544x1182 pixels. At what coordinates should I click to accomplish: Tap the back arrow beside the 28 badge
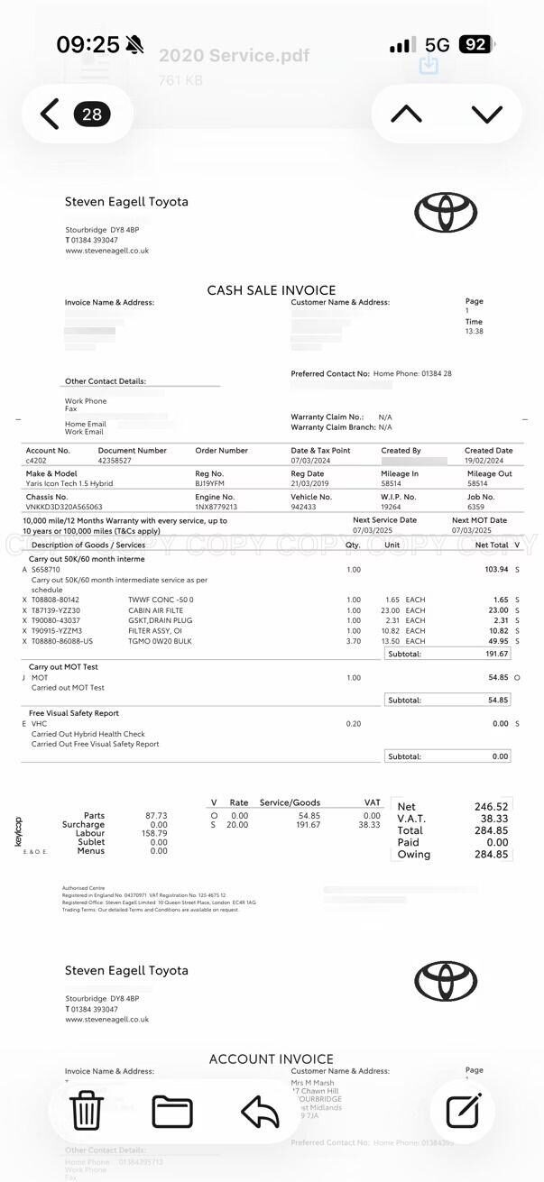click(50, 115)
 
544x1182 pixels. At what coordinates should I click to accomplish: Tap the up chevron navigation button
click(406, 114)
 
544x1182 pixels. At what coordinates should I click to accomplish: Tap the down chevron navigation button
click(486, 114)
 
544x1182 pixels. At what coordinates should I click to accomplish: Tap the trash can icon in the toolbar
click(87, 1110)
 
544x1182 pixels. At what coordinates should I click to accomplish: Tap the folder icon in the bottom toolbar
click(172, 1111)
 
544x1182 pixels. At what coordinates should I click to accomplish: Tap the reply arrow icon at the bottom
click(260, 1112)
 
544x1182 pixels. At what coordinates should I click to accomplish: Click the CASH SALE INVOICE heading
click(271, 290)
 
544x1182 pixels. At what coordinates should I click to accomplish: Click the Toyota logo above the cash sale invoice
click(445, 213)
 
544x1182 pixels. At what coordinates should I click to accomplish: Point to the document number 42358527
click(115, 461)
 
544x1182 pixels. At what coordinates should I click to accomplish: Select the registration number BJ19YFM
click(209, 483)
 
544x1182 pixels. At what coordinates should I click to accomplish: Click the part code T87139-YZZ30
click(56, 610)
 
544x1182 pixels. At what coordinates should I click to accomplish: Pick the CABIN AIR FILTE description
click(156, 610)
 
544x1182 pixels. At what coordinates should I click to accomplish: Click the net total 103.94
click(496, 570)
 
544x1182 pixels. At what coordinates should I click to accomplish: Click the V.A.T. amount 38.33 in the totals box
click(493, 819)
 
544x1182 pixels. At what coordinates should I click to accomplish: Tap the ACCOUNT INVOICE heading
click(271, 1059)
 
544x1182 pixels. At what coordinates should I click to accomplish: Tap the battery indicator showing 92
click(475, 44)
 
